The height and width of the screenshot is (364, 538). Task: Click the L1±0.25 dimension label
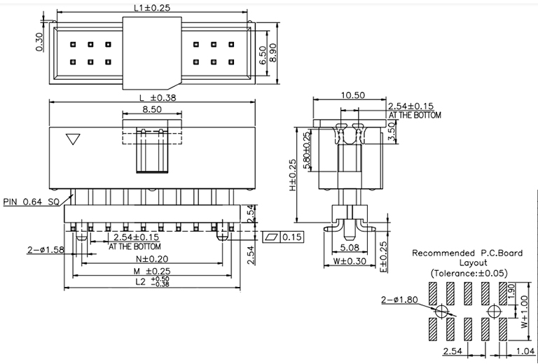[x=152, y=8]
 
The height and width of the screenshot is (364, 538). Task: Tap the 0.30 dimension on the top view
[x=40, y=42]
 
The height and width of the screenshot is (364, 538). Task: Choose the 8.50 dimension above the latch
[x=152, y=110]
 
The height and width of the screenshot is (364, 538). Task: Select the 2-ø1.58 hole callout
[x=45, y=249]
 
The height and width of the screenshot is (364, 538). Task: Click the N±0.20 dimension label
[x=152, y=259]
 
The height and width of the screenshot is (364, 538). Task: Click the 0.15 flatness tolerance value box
[x=291, y=237]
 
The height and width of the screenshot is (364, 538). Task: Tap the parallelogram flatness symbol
[x=273, y=237]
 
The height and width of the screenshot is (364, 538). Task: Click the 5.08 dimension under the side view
[x=350, y=247]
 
